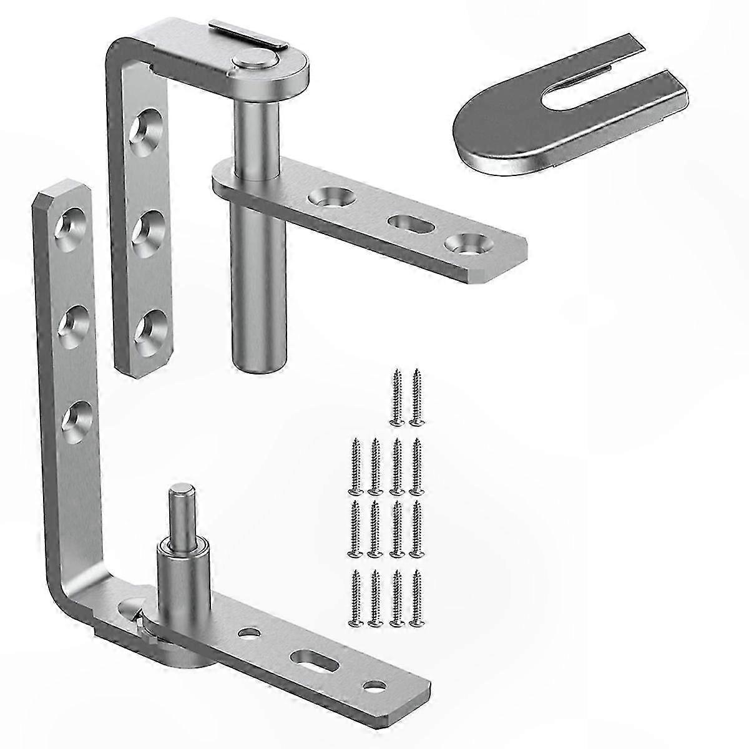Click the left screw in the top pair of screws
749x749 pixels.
point(396,398)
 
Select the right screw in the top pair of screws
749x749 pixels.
point(416,398)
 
